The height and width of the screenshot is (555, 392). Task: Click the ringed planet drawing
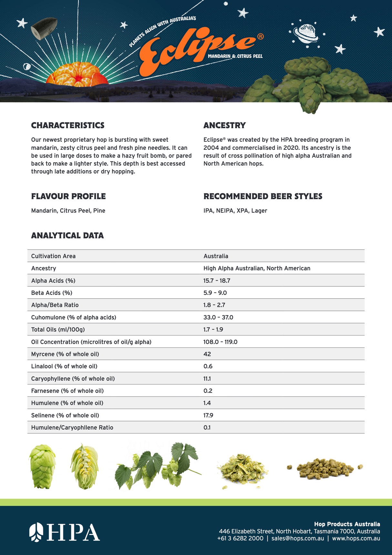point(305,34)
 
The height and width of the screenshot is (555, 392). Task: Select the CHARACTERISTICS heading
point(68,125)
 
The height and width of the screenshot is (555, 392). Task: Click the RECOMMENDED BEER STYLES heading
point(263,196)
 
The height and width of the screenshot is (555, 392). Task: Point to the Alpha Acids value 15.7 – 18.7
point(217,281)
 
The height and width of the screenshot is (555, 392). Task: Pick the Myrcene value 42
point(207,354)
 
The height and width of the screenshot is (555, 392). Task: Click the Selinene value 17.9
point(208,415)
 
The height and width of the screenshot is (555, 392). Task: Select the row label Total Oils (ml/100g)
point(58,330)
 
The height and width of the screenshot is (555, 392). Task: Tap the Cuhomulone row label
point(74,317)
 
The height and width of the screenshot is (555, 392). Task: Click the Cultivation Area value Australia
point(216,256)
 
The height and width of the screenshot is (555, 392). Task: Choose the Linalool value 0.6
point(208,366)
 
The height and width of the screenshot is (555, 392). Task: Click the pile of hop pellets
point(325,468)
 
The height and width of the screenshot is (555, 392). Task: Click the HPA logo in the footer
point(65,532)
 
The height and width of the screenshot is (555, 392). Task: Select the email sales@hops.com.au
point(297,538)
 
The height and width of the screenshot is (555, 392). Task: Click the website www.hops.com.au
point(356,538)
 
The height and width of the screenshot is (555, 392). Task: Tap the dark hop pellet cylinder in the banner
point(44,28)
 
